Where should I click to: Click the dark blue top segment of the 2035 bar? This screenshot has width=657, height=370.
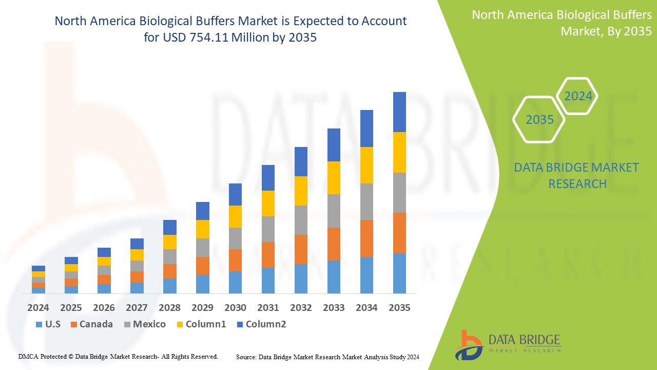tap(399, 112)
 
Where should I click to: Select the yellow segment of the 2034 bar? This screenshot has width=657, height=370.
tap(366, 165)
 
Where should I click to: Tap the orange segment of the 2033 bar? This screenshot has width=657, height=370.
tap(334, 244)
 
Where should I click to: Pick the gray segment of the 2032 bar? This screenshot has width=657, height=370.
tap(301, 220)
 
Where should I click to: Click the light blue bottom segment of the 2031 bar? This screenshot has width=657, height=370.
tap(268, 280)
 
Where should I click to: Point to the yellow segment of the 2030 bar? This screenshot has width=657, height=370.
tap(235, 216)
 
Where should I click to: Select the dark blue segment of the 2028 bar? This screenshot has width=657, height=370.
tap(169, 227)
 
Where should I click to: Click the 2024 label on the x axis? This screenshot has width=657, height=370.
tap(38, 307)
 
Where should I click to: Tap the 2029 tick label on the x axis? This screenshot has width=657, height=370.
tap(202, 307)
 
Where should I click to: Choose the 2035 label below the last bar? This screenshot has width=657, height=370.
tap(399, 307)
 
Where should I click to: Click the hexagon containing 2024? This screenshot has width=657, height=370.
tap(578, 96)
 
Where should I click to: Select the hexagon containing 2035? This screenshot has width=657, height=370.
tap(539, 120)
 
